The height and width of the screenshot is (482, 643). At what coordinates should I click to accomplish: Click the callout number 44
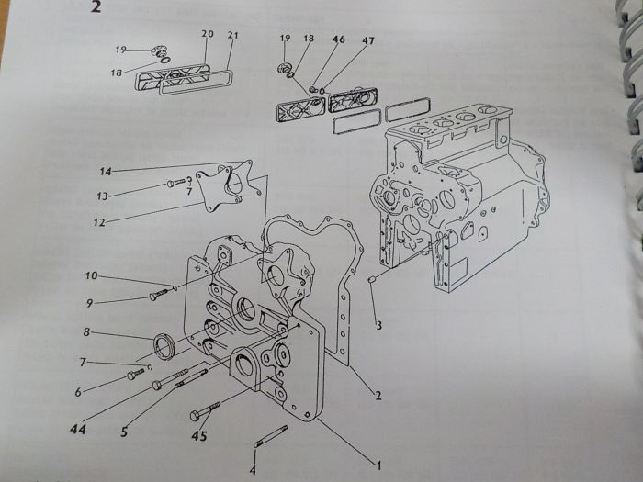78,429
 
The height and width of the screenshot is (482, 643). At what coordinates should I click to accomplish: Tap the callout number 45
199,436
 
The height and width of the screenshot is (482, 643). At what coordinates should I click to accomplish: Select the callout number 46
339,39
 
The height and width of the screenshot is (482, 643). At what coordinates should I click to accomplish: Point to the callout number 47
368,40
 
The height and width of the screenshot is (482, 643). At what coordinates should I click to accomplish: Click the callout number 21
232,35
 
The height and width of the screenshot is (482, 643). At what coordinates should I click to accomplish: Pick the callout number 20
208,34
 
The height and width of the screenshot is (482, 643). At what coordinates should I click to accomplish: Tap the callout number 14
106,172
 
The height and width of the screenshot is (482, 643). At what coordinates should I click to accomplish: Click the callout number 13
102,196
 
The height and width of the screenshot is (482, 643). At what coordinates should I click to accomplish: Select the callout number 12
99,222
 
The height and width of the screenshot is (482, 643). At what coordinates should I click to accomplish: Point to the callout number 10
92,275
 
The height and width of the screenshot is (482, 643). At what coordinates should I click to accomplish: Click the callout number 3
378,326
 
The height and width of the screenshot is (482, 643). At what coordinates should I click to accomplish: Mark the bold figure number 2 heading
96,7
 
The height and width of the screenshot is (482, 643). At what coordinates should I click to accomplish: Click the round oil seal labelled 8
164,347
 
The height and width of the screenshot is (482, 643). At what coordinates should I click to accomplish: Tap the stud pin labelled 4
271,436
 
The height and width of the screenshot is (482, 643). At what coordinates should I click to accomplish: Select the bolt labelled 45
205,411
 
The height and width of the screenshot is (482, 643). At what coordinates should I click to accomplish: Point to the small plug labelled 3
373,279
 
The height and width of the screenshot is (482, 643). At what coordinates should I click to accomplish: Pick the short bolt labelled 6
136,374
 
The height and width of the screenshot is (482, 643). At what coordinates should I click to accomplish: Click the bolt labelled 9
158,295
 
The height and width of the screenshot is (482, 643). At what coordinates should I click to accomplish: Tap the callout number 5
124,432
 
